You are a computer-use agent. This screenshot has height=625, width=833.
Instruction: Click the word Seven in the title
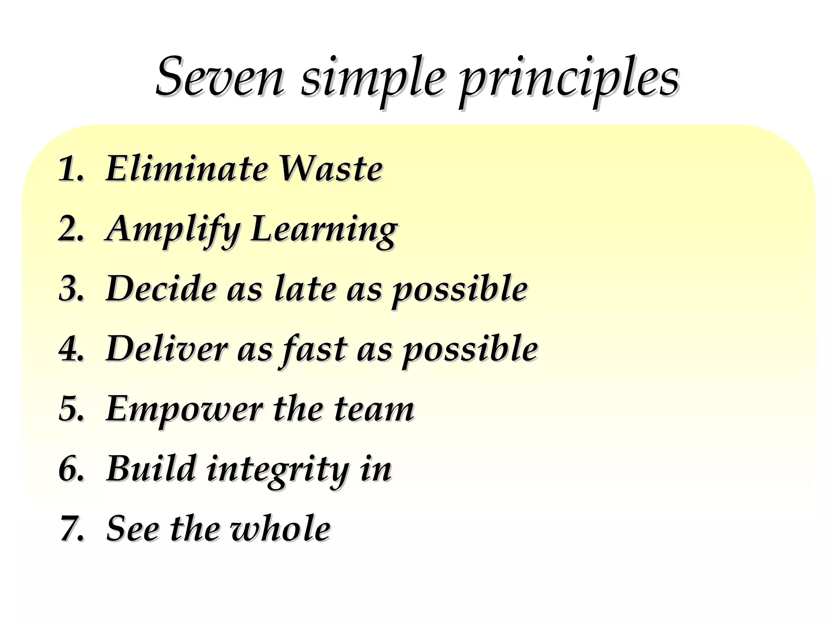tap(220, 77)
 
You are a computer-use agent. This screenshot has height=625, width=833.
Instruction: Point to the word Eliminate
tap(187, 168)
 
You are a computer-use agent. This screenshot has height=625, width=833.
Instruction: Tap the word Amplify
tap(173, 230)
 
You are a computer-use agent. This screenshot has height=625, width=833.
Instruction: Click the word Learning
tap(324, 230)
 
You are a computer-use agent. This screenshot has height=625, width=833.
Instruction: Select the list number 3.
tap(71, 288)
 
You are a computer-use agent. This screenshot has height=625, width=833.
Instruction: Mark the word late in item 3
tap(305, 288)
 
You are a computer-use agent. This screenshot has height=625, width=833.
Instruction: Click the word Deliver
tap(167, 348)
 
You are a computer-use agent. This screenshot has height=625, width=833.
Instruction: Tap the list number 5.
tap(71, 408)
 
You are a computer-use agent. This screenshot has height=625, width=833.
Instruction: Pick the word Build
tap(151, 468)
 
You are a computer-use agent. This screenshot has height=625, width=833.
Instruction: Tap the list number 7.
tap(72, 528)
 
